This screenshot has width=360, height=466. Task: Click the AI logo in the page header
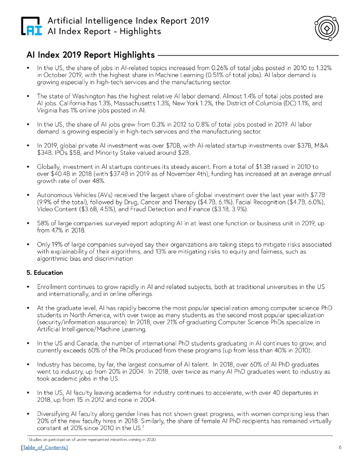click(32, 26)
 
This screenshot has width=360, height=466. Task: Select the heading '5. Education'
click(45, 273)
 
